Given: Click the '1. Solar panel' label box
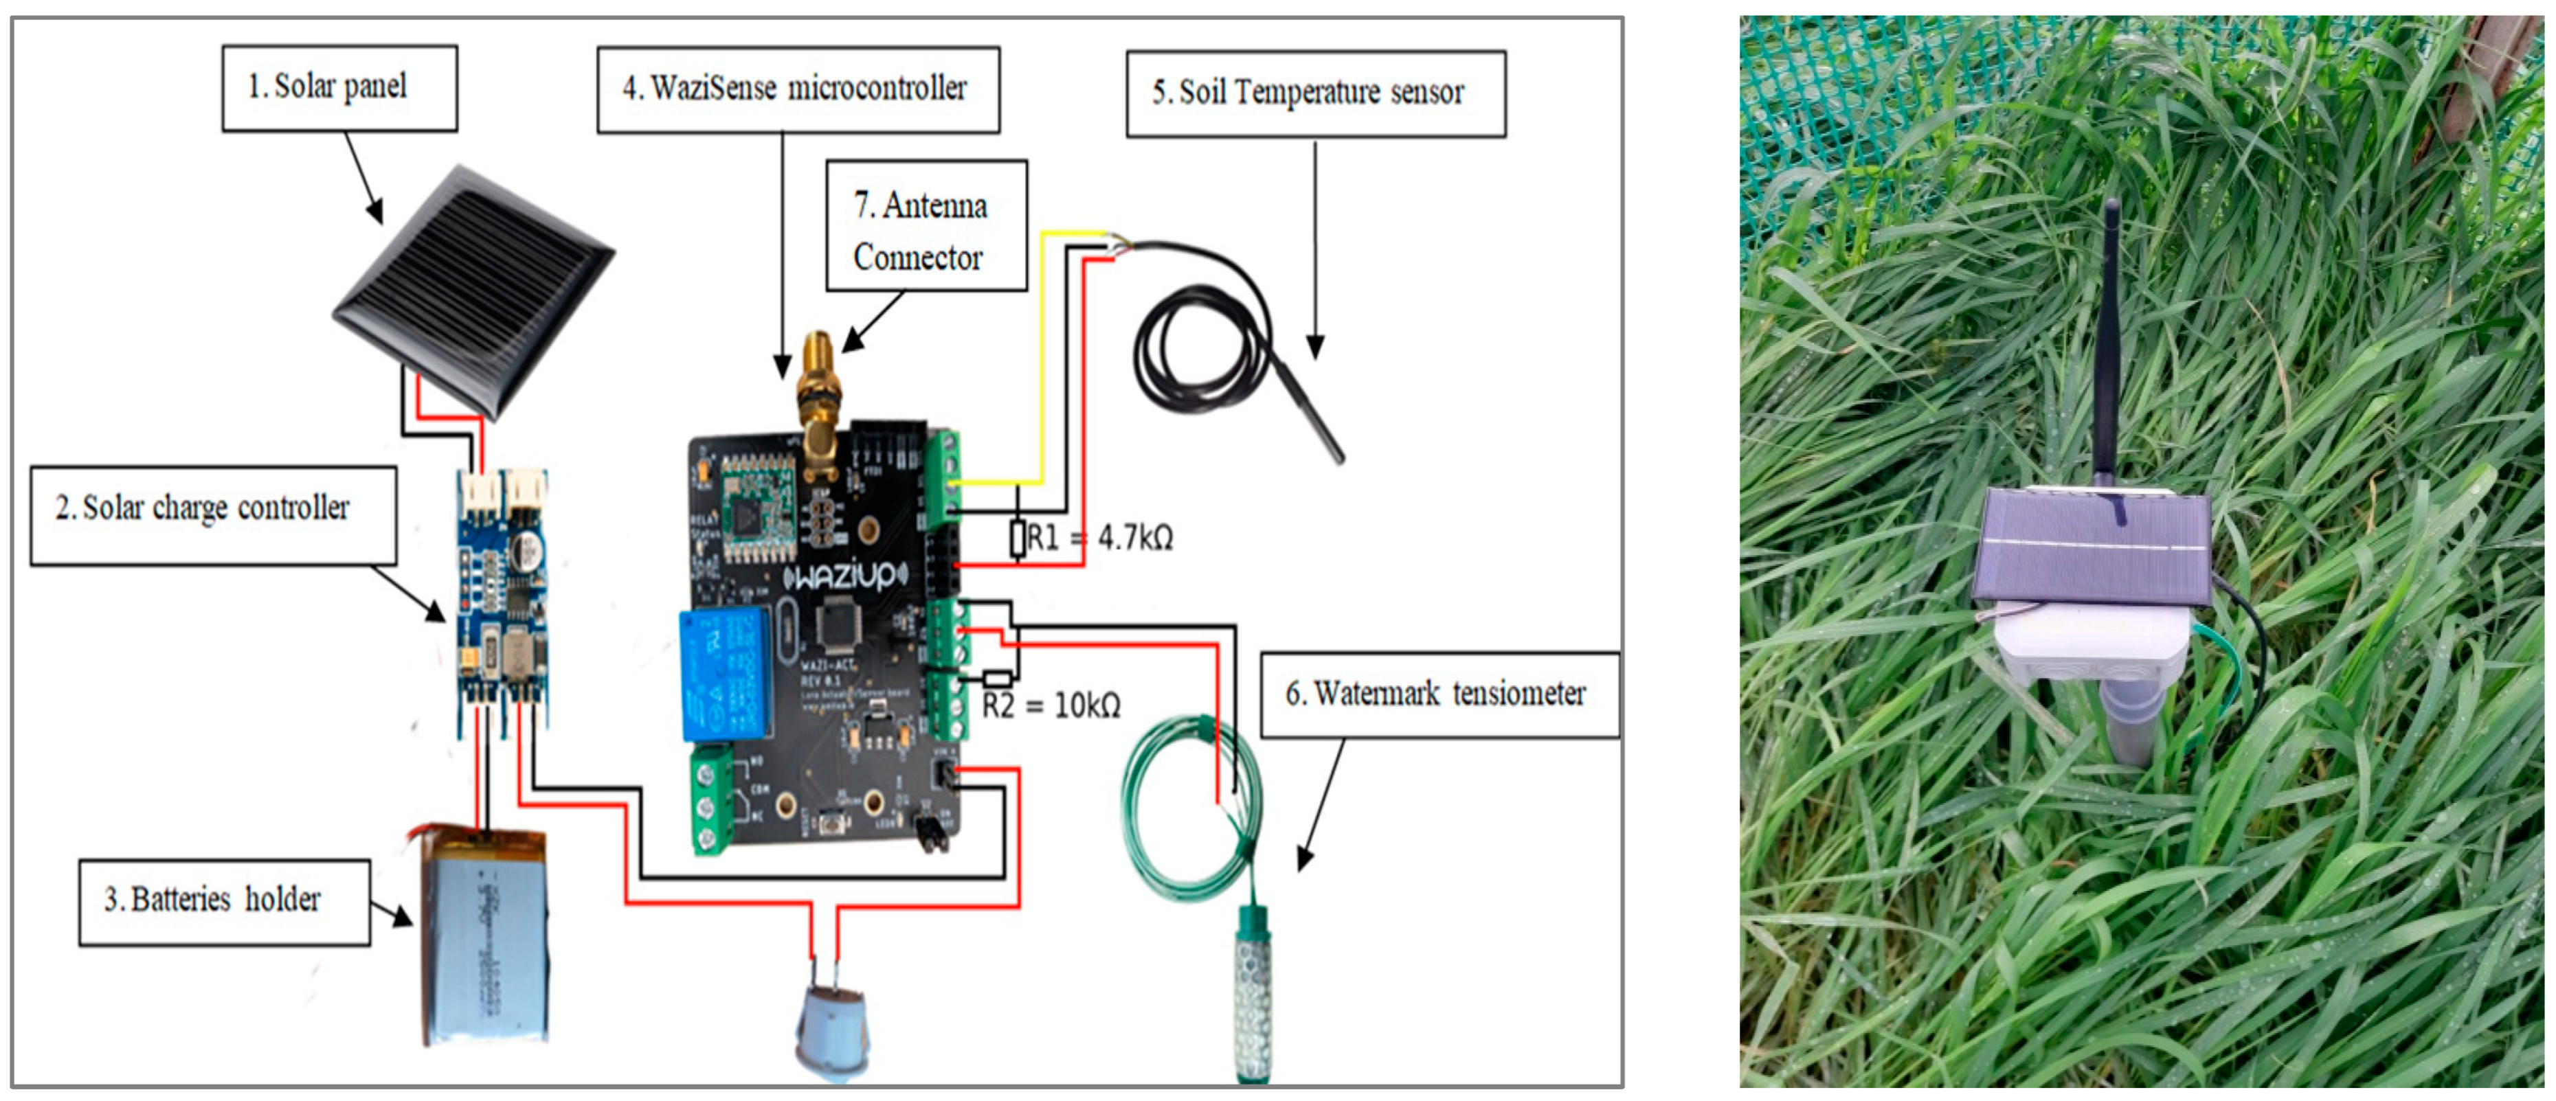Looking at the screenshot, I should click(x=339, y=87).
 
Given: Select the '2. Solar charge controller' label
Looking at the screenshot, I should click(x=212, y=515).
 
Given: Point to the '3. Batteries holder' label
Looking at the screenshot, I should click(x=223, y=900).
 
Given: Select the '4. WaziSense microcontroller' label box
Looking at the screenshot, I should click(x=797, y=89).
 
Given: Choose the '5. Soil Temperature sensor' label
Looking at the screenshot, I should click(x=1314, y=93).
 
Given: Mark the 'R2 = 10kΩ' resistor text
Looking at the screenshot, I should click(x=1052, y=706).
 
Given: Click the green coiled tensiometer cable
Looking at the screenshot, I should click(x=1180, y=813).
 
